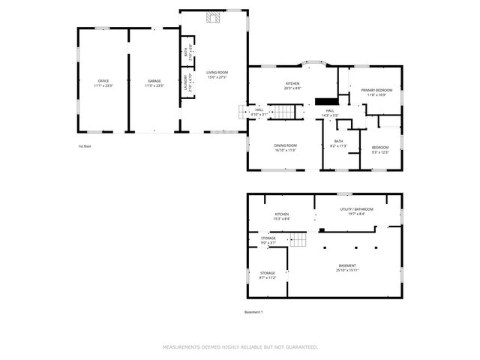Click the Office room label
[103, 82]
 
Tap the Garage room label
[154, 82]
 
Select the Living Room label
[217, 74]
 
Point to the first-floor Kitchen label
[292, 85]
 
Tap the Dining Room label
[285, 147]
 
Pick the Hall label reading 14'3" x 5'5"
[329, 112]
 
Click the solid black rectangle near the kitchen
[325, 101]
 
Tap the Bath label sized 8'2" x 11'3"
[338, 143]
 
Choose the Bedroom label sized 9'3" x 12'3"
[380, 149]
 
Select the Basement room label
[347, 268]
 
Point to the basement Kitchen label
[281, 216]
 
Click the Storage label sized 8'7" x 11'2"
[268, 275]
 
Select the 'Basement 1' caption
[253, 312]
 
